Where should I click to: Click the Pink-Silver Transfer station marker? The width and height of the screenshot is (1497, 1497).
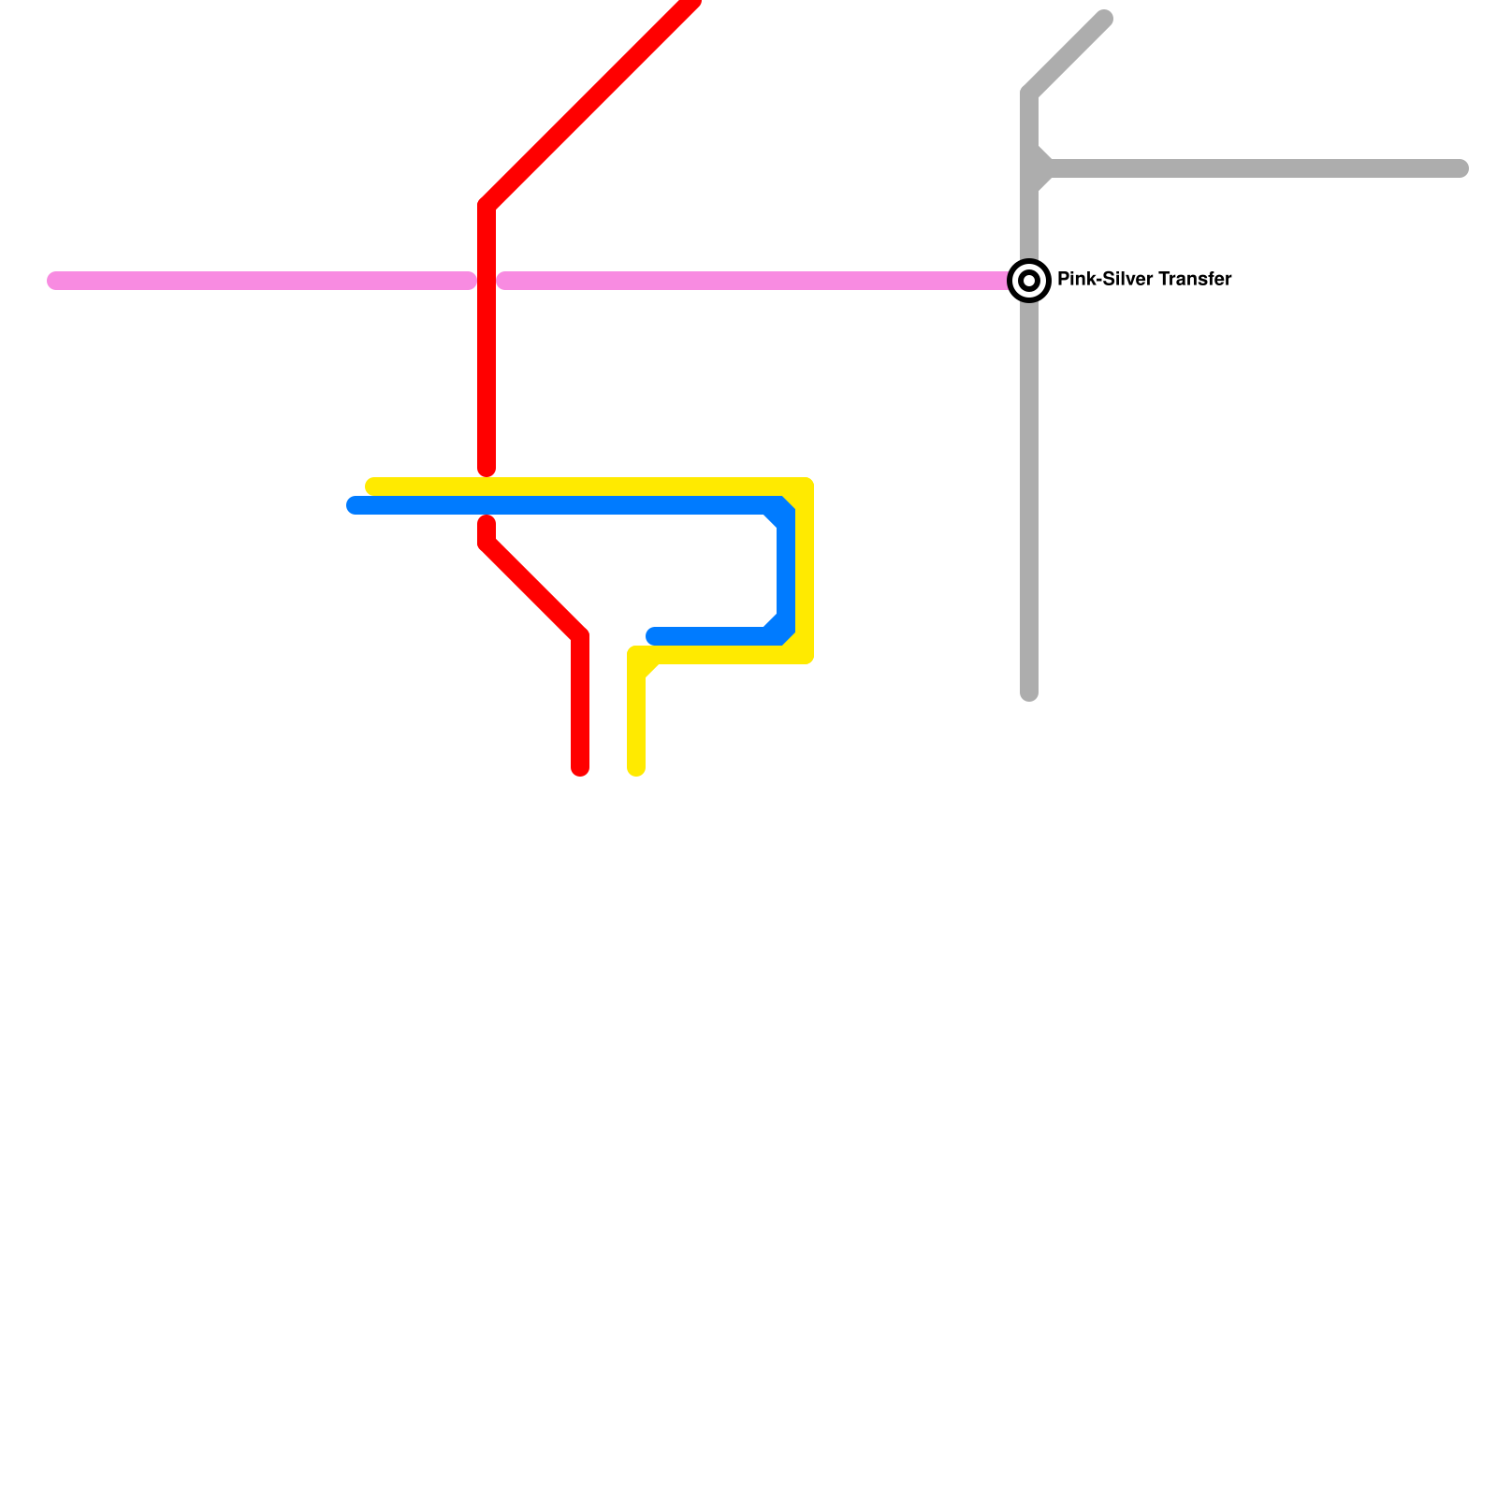[1029, 281]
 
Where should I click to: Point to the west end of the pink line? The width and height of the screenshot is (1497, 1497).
[54, 281]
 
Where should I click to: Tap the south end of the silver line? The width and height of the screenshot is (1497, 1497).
[1029, 693]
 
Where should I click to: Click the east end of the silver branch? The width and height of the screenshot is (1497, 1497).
[1461, 168]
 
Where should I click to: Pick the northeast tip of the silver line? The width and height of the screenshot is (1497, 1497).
[1105, 19]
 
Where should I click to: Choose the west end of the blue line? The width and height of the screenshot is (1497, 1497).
[354, 505]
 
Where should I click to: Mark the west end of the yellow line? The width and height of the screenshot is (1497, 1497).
[372, 487]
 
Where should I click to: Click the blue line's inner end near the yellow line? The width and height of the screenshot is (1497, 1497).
[653, 636]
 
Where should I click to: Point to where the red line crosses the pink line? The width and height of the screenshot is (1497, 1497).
[487, 281]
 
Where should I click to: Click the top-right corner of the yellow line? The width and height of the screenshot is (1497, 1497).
[805, 487]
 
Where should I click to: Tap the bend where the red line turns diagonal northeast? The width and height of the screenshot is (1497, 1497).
[487, 206]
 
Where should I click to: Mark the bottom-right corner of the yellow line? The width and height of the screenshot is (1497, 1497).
[805, 655]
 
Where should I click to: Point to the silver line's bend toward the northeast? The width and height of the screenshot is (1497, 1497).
[1029, 94]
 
